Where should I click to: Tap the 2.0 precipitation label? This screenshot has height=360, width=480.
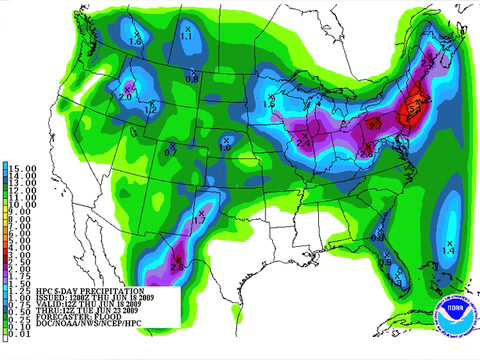125,96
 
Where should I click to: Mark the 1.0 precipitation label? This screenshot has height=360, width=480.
225,147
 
